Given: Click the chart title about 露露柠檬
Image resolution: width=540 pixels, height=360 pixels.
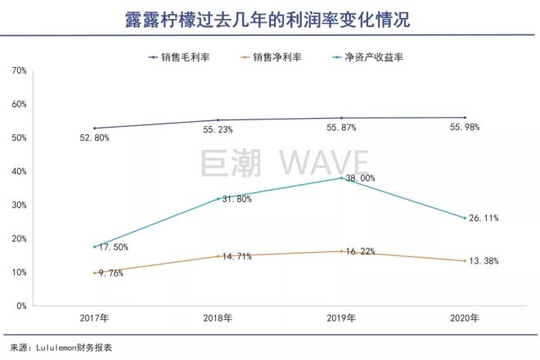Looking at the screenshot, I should pyautogui.click(x=270, y=20).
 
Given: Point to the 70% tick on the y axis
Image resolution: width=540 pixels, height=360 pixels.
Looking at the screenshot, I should pyautogui.click(x=20, y=71).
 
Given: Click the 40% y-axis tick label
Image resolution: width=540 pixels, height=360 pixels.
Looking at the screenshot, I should pyautogui.click(x=20, y=172).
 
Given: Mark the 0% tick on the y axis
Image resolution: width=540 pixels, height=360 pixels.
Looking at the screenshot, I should pyautogui.click(x=22, y=306).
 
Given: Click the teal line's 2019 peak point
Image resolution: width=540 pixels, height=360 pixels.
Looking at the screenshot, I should pyautogui.click(x=341, y=178).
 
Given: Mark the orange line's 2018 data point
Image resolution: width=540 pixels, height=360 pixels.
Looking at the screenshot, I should pyautogui.click(x=218, y=256).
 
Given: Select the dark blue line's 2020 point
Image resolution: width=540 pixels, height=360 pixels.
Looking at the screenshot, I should pyautogui.click(x=464, y=118).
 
